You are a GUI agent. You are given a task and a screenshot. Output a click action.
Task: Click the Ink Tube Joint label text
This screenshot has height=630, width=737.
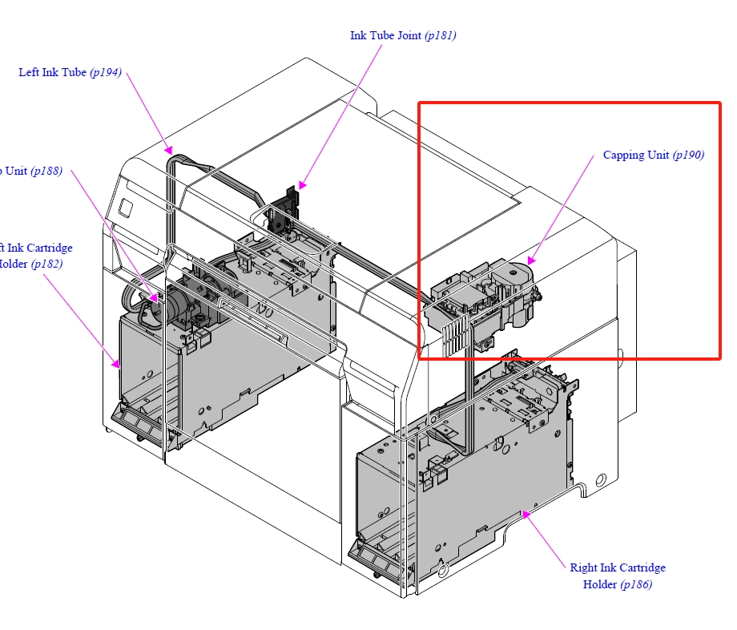[x=386, y=36]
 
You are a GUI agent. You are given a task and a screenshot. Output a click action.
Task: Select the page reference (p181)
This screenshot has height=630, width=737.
[x=441, y=36]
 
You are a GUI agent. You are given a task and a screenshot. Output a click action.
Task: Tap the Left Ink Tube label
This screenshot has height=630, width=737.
[x=52, y=73]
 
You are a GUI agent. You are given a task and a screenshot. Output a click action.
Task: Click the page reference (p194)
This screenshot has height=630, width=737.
[x=106, y=73]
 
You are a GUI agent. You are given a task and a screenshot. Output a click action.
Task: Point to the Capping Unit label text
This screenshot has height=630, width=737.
[x=636, y=155]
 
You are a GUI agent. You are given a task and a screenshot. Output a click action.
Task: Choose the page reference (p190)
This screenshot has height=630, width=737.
[x=688, y=155]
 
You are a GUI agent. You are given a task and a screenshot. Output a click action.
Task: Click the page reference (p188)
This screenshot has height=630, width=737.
[x=46, y=172]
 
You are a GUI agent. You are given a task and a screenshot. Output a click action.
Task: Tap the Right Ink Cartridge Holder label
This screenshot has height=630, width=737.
[x=617, y=568]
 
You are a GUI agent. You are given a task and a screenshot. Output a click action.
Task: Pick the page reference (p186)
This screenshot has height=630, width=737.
[x=636, y=584]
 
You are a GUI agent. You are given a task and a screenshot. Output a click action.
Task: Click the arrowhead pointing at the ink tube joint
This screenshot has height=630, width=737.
[x=302, y=185]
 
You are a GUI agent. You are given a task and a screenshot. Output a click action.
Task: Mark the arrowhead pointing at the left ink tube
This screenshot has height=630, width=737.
[x=168, y=148]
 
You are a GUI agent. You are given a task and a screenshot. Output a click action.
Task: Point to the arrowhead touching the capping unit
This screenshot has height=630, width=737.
[x=530, y=260]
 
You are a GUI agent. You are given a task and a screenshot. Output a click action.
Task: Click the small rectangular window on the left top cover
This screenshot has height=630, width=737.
[x=126, y=206]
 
